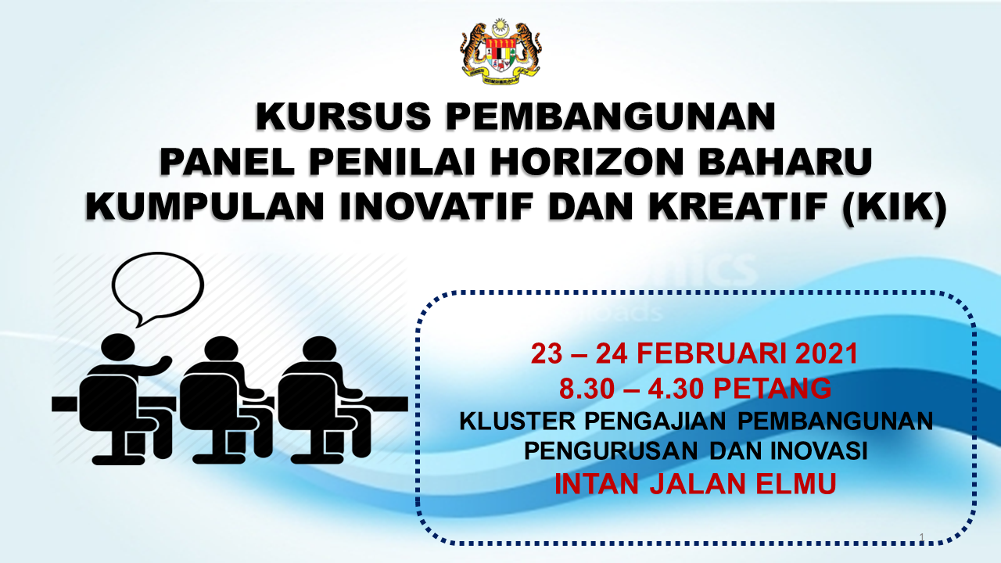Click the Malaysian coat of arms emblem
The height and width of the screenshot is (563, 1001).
(x=500, y=52)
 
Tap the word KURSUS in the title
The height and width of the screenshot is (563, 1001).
(x=343, y=116)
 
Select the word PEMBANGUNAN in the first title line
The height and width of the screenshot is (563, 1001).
(x=611, y=116)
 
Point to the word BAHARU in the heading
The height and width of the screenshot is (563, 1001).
(x=786, y=161)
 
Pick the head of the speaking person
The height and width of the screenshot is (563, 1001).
(x=118, y=350)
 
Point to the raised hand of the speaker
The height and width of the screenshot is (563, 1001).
(x=164, y=361)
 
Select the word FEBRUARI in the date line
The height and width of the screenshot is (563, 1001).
(x=712, y=354)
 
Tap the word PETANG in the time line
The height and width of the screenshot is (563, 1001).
(x=772, y=389)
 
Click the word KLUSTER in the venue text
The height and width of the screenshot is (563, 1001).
(x=518, y=421)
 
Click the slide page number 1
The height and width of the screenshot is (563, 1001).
(x=922, y=536)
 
